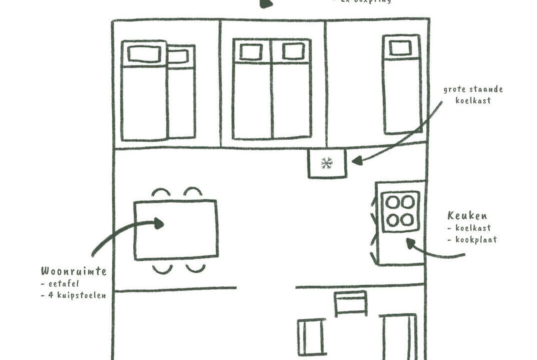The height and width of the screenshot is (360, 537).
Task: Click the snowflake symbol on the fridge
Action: click(x=327, y=162)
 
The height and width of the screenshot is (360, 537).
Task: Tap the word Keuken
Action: click(x=467, y=216)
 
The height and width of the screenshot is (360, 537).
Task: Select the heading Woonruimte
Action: click(x=73, y=271)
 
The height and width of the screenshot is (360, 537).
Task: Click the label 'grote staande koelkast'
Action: click(x=472, y=94)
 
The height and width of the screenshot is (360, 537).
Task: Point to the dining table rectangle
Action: click(x=176, y=229)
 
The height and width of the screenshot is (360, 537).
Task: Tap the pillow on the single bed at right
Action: click(x=400, y=48)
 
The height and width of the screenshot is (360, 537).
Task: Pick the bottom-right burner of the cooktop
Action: click(x=408, y=219)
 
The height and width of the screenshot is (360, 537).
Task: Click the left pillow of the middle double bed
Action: click(x=251, y=51)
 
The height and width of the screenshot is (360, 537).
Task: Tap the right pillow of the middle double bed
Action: click(x=292, y=51)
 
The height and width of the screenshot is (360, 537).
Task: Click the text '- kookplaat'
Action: click(x=472, y=239)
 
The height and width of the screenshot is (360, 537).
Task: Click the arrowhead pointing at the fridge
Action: click(x=356, y=160)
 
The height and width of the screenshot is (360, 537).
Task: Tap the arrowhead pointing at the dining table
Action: click(x=158, y=223)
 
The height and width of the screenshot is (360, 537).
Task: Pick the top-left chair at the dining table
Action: click(x=161, y=192)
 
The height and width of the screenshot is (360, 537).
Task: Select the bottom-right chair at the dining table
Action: click(x=195, y=268)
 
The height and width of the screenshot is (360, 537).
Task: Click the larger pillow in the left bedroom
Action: click(x=143, y=53)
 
